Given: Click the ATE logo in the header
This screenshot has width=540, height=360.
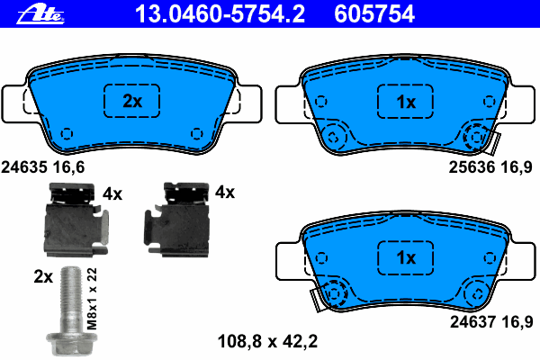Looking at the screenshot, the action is coord(40,14).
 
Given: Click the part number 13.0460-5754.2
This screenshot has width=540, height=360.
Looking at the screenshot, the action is coord(220,14).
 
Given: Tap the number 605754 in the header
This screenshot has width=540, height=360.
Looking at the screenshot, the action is coord(374,14).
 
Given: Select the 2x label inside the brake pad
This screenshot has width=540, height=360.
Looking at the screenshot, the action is coord(132,102).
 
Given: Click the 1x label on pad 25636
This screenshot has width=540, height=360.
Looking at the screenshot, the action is coord(406,102).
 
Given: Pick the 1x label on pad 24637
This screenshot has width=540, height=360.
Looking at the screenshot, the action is coord(406,257).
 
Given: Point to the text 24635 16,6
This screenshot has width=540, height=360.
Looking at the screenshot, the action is coord(42,167).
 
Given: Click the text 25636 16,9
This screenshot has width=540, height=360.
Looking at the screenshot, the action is coord(490,167).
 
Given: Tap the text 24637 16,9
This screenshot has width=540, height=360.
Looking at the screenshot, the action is coord(491,322).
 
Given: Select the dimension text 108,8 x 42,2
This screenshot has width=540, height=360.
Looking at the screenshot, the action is coord(267,341).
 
